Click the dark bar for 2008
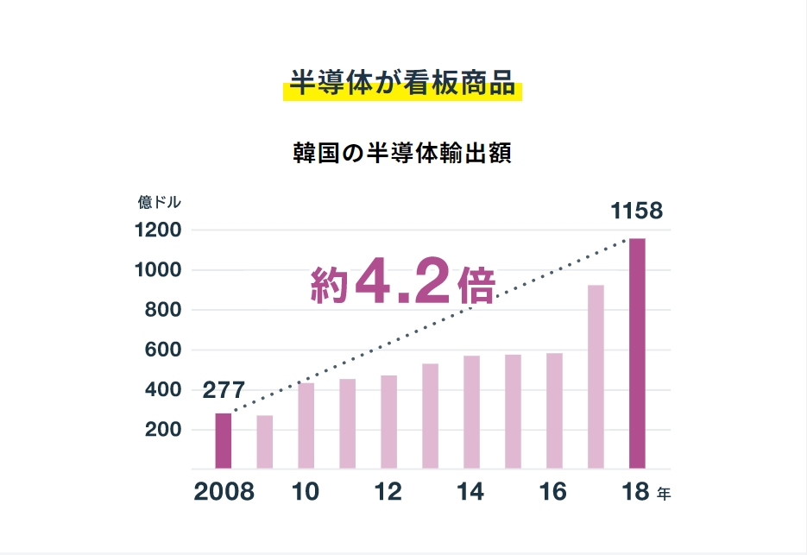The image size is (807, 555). click(x=224, y=441)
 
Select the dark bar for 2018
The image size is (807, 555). click(x=637, y=354)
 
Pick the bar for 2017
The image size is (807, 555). click(x=596, y=377)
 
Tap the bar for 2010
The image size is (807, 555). click(x=306, y=426)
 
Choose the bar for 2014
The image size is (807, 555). click(x=471, y=413)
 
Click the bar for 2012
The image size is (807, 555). click(x=388, y=422)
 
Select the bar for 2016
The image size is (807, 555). click(x=554, y=411)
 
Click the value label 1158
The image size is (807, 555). click(x=636, y=211)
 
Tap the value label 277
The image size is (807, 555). click(x=224, y=390)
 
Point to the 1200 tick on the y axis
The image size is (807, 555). click(x=157, y=230)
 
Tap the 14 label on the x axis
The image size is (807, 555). click(x=471, y=492)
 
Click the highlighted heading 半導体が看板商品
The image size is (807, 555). click(x=402, y=85)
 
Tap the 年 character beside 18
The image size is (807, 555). click(x=663, y=495)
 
